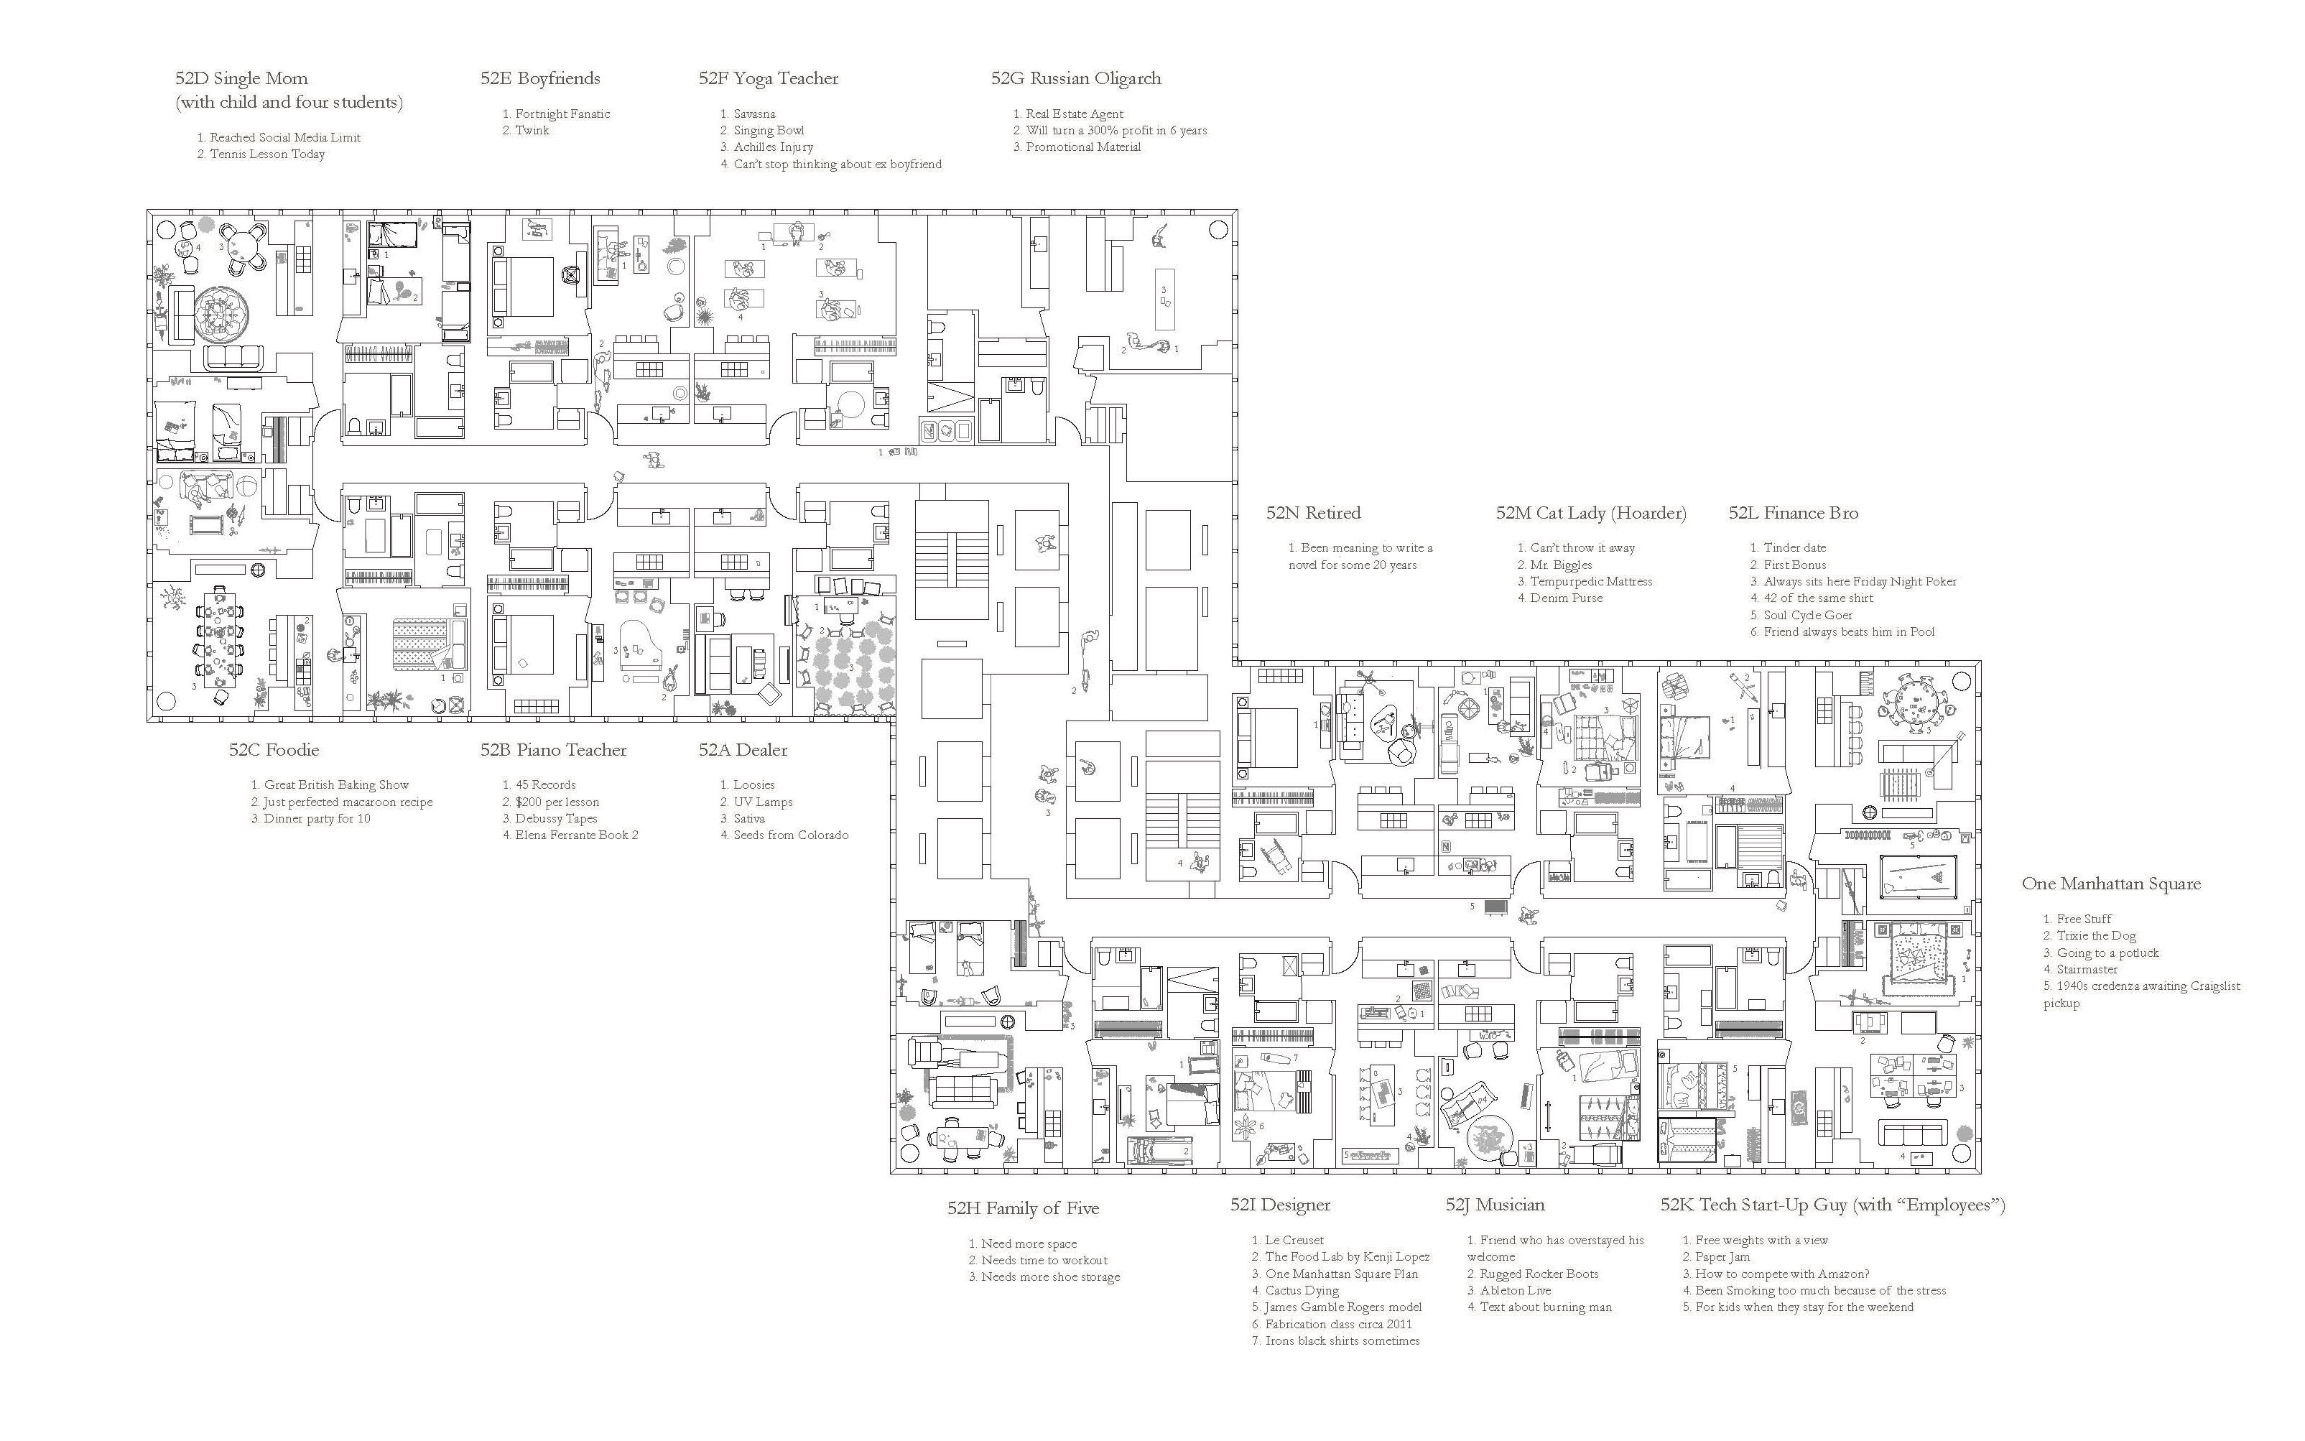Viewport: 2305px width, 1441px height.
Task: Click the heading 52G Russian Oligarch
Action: (1076, 79)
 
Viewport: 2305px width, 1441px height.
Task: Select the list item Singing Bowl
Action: (768, 131)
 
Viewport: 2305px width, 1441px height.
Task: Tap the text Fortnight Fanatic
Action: (562, 114)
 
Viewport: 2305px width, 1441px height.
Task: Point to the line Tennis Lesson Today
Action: (266, 154)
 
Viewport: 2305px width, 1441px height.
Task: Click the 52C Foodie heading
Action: (274, 750)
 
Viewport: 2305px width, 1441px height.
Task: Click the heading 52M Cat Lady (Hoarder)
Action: (1590, 514)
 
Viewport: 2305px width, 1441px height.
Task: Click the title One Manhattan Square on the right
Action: (2110, 884)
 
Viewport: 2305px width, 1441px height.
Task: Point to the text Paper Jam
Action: (1722, 1257)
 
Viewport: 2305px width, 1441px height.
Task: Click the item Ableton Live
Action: (1515, 1290)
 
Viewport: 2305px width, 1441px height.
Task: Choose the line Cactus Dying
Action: (1302, 1290)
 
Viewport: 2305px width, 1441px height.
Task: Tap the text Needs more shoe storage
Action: (1050, 1277)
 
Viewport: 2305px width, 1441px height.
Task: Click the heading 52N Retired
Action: (1313, 514)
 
